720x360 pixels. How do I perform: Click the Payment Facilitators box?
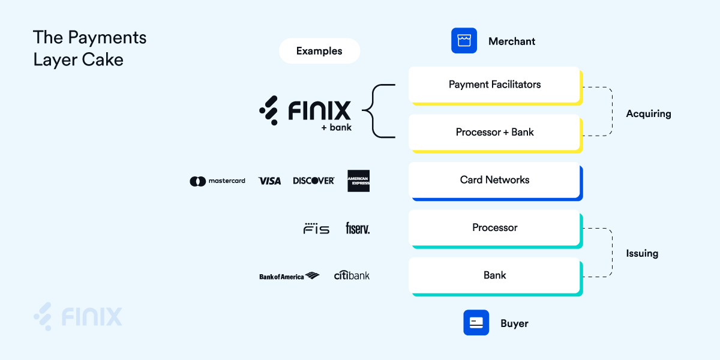click(x=494, y=85)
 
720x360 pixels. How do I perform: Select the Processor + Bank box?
click(x=494, y=132)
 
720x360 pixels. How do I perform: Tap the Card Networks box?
click(x=494, y=179)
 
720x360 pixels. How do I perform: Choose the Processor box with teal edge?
click(x=494, y=227)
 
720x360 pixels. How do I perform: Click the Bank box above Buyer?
click(x=494, y=275)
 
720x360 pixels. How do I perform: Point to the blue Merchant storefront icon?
click(x=464, y=41)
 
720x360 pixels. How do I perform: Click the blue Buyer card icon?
click(x=476, y=323)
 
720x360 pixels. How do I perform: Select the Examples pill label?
click(x=319, y=51)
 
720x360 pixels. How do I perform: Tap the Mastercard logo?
click(x=217, y=181)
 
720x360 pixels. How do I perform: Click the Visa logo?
click(x=269, y=181)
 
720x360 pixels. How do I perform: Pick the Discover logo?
click(x=313, y=181)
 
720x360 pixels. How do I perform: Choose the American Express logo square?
click(x=358, y=181)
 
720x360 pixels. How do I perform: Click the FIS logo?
click(x=316, y=229)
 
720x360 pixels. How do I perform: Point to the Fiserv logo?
click(x=358, y=228)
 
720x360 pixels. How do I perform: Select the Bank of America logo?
click(x=289, y=276)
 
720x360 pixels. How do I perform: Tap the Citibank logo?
click(x=352, y=275)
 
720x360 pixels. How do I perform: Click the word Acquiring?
click(x=648, y=113)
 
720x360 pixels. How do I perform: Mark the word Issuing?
click(x=642, y=253)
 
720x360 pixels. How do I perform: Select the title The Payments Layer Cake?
click(x=89, y=48)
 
